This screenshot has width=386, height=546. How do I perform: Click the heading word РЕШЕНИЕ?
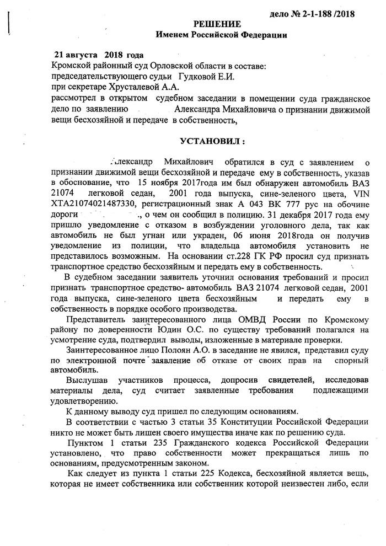(x=220, y=24)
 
